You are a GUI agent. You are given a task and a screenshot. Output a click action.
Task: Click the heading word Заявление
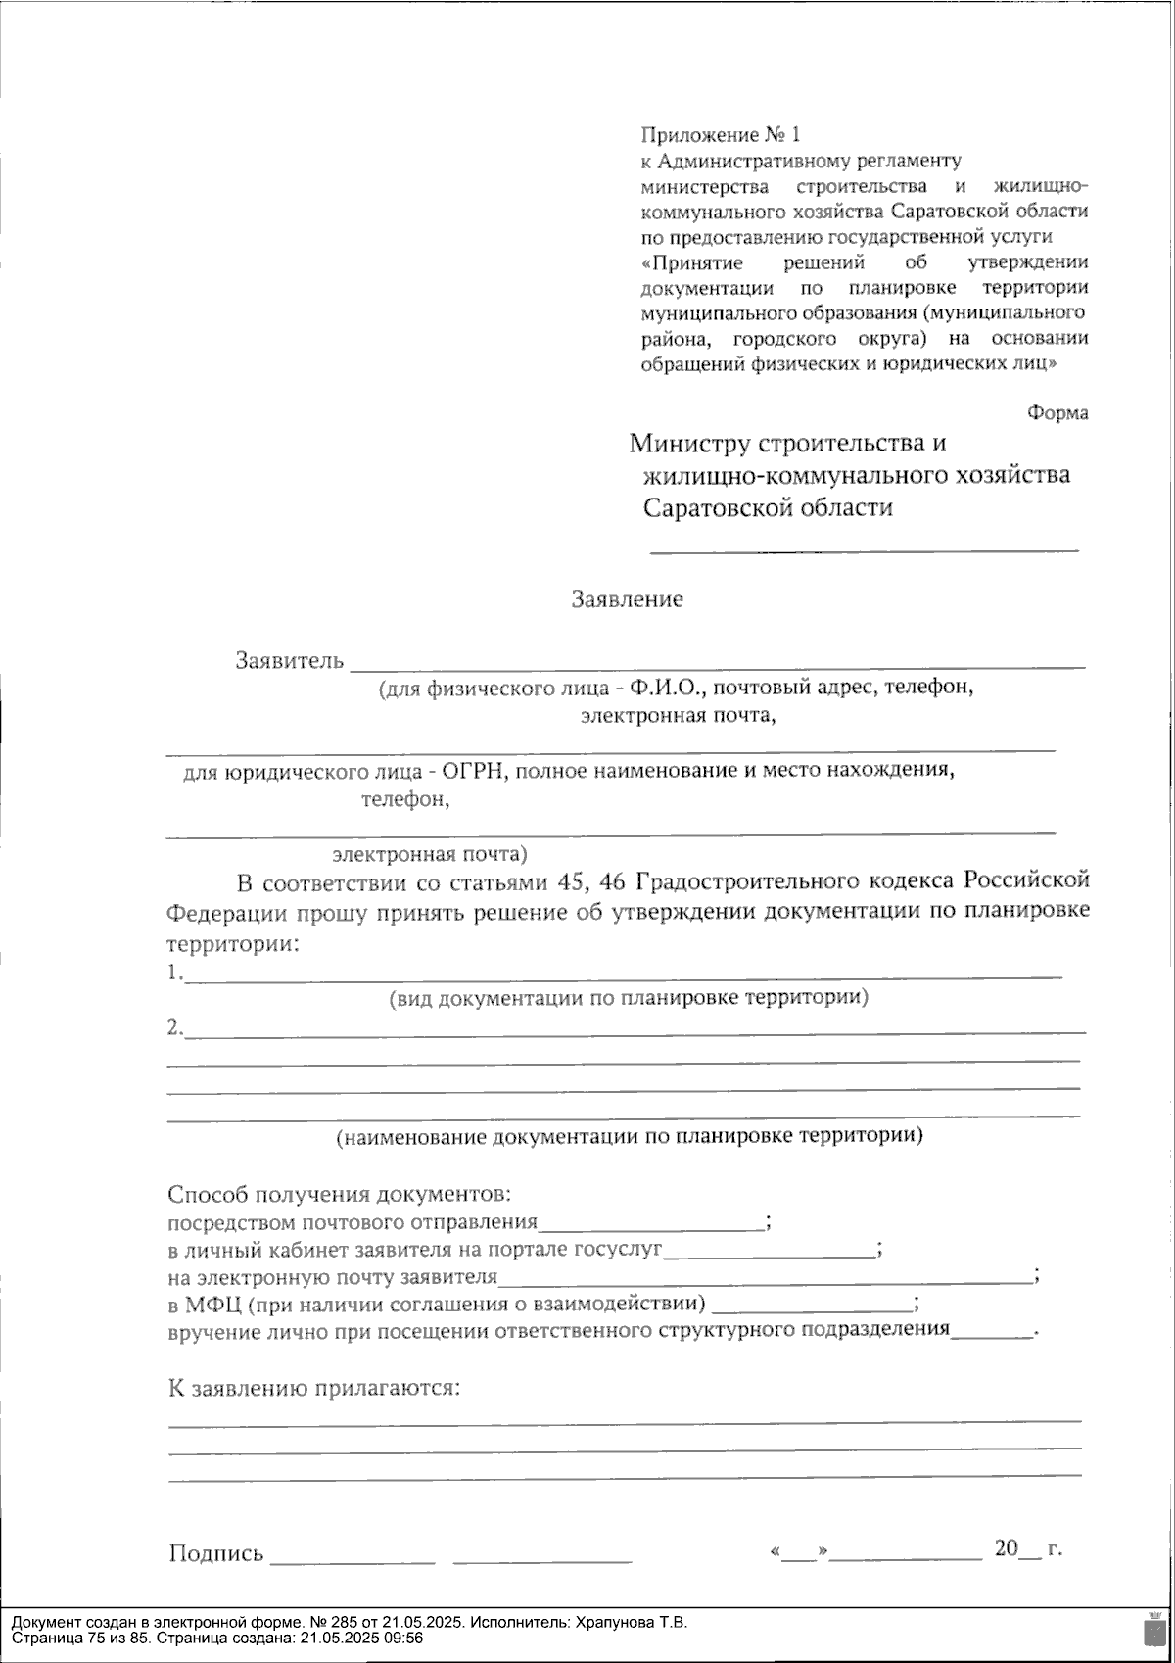pyautogui.click(x=627, y=599)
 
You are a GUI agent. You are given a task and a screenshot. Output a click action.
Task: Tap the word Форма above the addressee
pyautogui.click(x=1057, y=413)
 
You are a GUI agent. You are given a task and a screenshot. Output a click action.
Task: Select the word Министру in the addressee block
pyautogui.click(x=689, y=444)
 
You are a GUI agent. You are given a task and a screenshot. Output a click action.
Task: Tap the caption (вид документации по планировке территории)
pyautogui.click(x=629, y=999)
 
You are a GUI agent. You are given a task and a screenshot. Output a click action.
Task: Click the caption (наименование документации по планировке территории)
pyautogui.click(x=629, y=1137)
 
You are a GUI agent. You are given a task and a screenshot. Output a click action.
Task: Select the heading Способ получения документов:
pyautogui.click(x=340, y=1195)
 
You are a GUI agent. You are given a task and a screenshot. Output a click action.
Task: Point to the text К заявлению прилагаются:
pyautogui.click(x=314, y=1389)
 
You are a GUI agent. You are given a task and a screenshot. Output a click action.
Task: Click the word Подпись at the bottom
pyautogui.click(x=216, y=1554)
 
